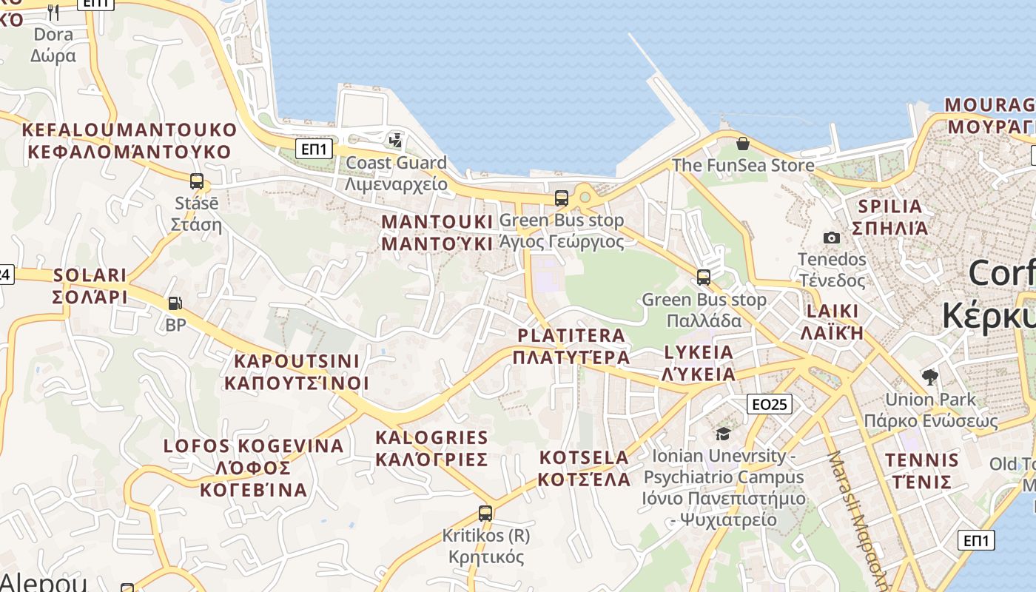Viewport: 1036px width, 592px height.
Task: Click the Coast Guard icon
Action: (396, 140)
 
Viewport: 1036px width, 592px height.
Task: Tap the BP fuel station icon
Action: (175, 303)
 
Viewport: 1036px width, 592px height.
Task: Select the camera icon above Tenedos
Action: (832, 238)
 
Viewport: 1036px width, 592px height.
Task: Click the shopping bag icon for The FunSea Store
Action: (742, 144)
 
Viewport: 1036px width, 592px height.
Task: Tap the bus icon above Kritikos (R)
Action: (485, 513)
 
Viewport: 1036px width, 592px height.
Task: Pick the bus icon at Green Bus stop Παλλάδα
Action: (703, 277)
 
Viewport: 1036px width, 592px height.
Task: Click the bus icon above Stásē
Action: (197, 181)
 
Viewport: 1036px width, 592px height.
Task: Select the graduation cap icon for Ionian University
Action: (723, 434)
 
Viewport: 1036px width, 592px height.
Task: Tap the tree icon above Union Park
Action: (930, 377)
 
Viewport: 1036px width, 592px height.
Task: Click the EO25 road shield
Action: (770, 404)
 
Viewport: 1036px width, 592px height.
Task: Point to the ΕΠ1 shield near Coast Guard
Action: (314, 149)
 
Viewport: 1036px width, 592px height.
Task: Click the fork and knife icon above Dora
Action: (53, 12)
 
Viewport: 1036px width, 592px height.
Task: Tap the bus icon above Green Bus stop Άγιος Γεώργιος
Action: (562, 198)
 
